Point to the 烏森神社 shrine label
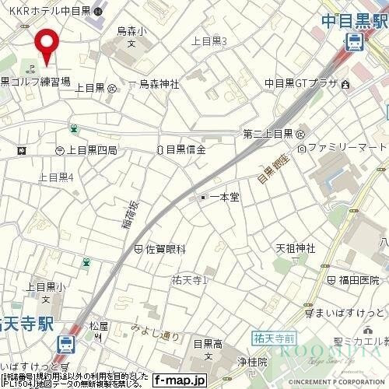coord(159,85)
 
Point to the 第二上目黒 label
coord(268,133)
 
